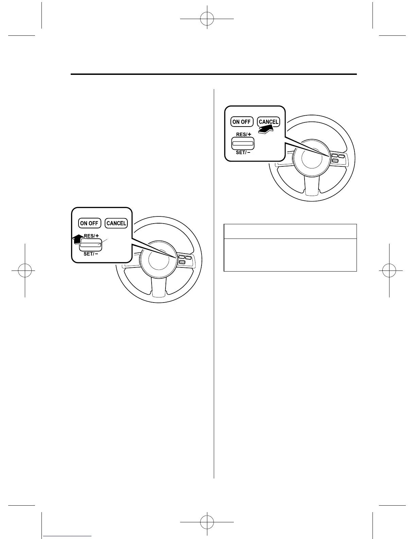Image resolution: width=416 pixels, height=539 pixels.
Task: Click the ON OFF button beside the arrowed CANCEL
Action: coord(241,121)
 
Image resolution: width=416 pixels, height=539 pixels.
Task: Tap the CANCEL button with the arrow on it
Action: coord(268,121)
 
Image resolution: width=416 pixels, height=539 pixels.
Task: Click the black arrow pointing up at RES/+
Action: coord(78,239)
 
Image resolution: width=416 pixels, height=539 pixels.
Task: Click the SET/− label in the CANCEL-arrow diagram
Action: coord(243,152)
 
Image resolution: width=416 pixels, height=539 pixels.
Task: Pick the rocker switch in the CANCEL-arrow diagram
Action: coord(243,143)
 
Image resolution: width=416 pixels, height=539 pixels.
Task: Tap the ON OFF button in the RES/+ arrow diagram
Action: coord(89,223)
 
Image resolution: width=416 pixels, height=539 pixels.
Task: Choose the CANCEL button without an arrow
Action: coord(116,223)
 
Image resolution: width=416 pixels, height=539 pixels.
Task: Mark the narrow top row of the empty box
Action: coord(290,231)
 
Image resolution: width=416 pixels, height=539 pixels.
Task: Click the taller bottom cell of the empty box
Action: coord(290,255)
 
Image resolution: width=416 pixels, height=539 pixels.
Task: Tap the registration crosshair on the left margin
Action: coord(25,271)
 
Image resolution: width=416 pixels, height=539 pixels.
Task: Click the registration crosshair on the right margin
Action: coord(389,271)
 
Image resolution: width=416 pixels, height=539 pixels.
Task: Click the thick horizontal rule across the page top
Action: coord(214,74)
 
